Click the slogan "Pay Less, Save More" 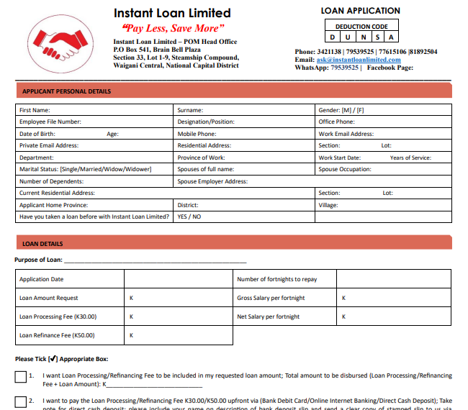pyautogui.click(x=169, y=28)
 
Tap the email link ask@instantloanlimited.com pyautogui.click(x=358, y=60)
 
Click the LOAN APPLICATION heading pyautogui.click(x=360, y=11)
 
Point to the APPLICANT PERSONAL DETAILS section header pyautogui.click(x=67, y=91)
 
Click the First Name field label pyautogui.click(x=35, y=110)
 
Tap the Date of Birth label pyautogui.click(x=37, y=134)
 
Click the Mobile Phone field pyautogui.click(x=197, y=134)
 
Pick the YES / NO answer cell pyautogui.click(x=189, y=217)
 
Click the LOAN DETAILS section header pyautogui.click(x=42, y=244)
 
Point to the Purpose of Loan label pyautogui.click(x=38, y=260)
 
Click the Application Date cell pyautogui.click(x=42, y=279)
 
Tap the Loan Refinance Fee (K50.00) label pyautogui.click(x=57, y=335)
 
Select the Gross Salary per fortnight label pyautogui.click(x=271, y=298)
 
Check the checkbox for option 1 pyautogui.click(x=20, y=377)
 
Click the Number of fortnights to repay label pyautogui.click(x=276, y=279)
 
